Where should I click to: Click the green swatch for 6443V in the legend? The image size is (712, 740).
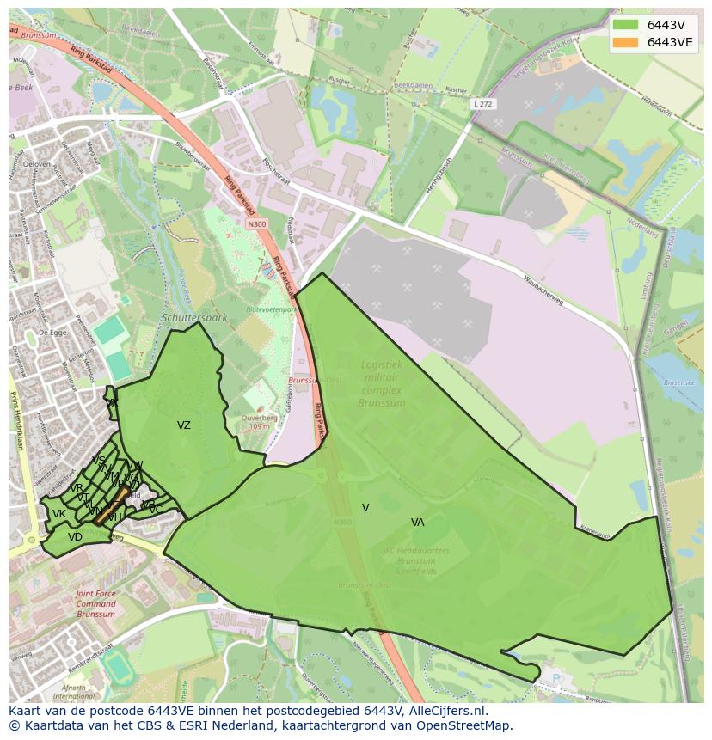click(625, 25)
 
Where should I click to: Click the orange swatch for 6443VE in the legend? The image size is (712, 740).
click(625, 42)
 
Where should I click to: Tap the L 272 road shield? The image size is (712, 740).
click(483, 104)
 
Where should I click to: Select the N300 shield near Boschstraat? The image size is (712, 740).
click(257, 224)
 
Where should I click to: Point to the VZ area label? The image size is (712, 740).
click(184, 425)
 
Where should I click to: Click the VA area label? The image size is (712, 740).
click(417, 523)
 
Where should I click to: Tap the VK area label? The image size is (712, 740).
click(58, 515)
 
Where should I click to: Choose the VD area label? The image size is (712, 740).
click(75, 537)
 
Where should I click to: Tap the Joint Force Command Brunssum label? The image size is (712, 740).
click(95, 603)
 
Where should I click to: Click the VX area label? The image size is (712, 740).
click(111, 402)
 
